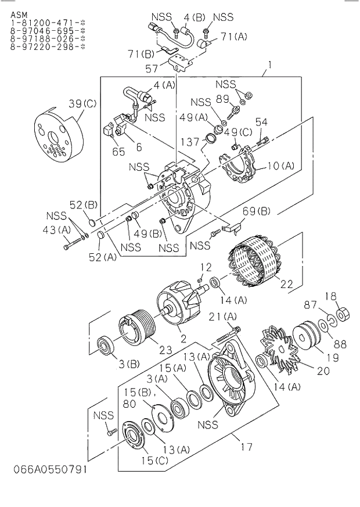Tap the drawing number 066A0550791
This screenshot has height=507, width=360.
click(x=44, y=469)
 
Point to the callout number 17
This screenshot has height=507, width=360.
click(x=246, y=447)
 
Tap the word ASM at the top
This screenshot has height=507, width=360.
click(x=19, y=12)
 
